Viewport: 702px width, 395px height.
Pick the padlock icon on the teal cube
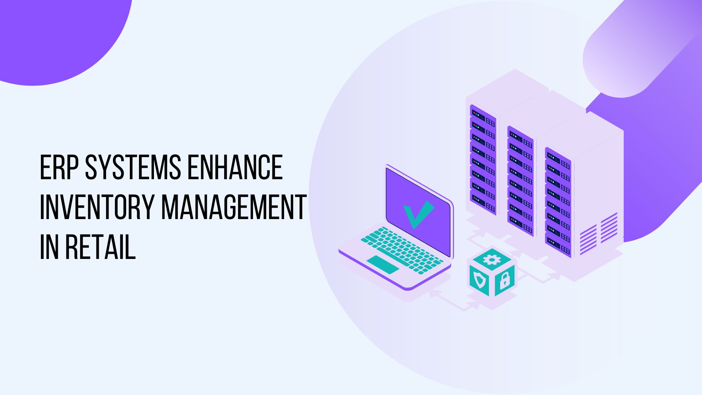[x=505, y=280]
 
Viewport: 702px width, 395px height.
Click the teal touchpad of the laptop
[x=383, y=265]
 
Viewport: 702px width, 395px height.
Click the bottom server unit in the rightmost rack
[x=558, y=247]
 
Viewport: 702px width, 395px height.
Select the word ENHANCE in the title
[x=235, y=167]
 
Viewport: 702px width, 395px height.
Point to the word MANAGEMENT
[x=234, y=207]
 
